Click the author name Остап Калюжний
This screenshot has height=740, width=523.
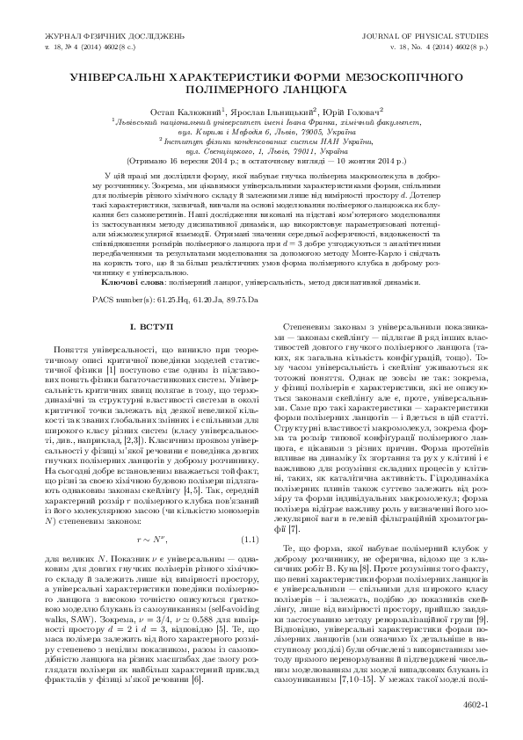(198, 112)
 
